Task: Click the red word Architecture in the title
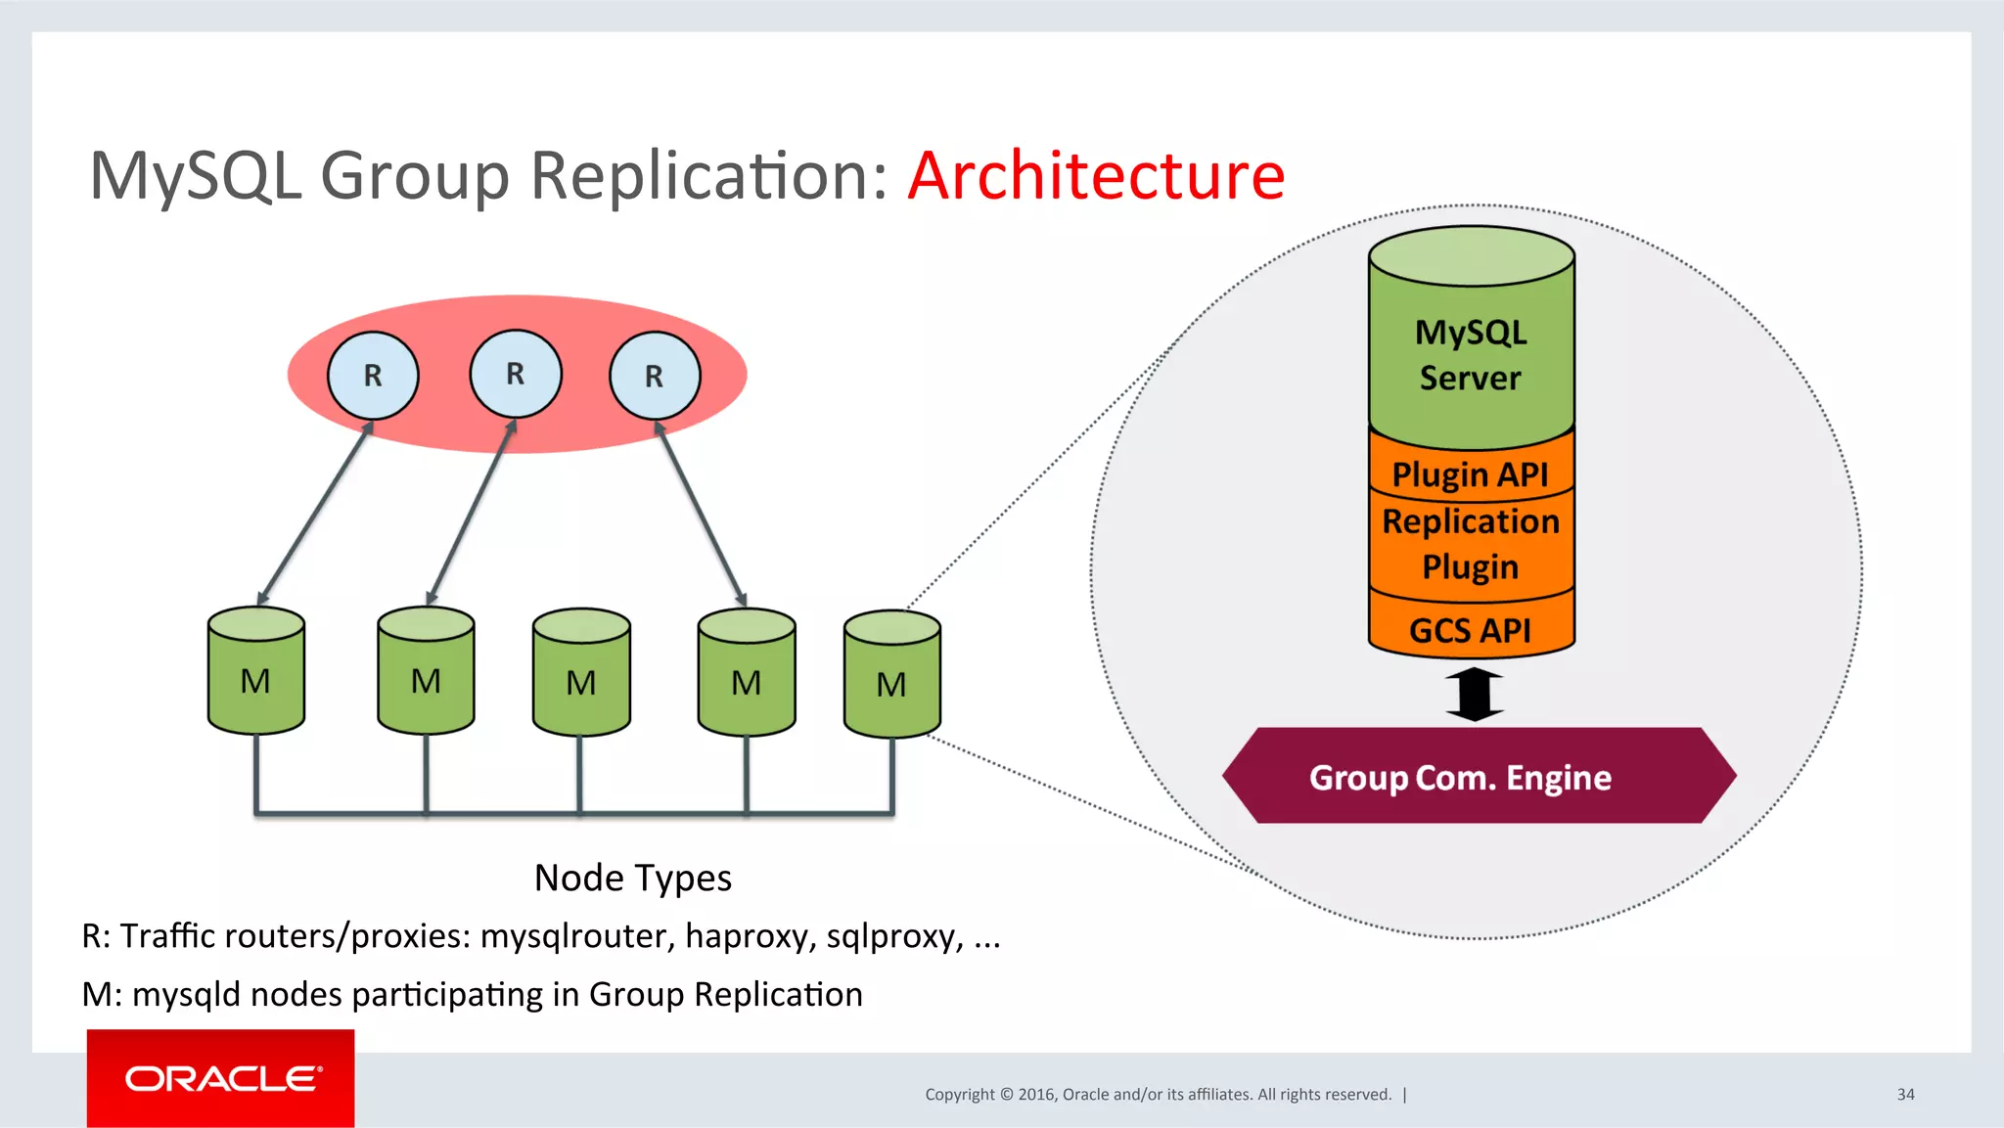(1096, 176)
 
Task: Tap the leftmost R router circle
(373, 376)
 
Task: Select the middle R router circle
(516, 374)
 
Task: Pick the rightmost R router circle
(655, 376)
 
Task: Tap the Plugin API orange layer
(1471, 474)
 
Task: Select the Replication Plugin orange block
(1471, 544)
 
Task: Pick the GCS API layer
(1471, 630)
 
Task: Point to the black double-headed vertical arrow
(1474, 694)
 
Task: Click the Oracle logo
(221, 1078)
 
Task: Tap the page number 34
(1905, 1095)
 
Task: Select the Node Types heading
(633, 878)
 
